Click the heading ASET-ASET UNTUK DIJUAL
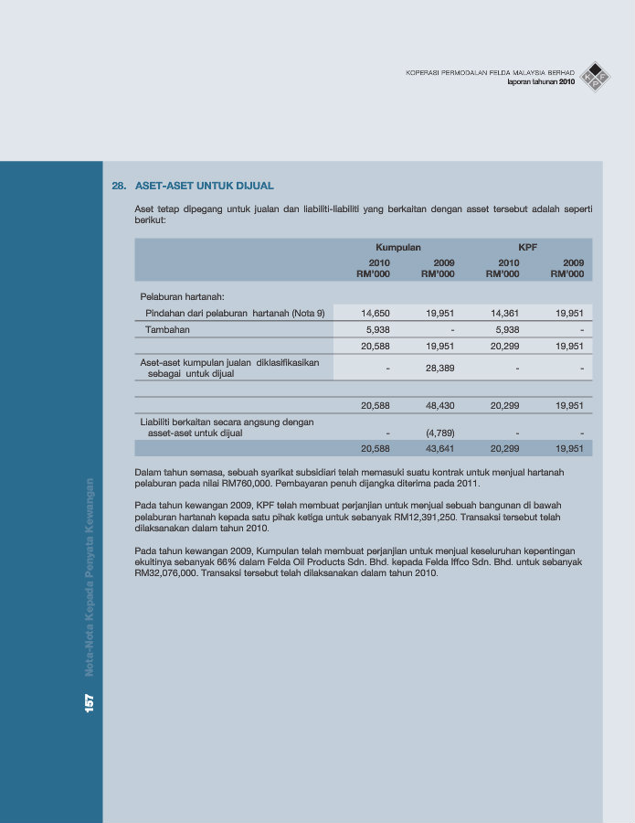(204, 186)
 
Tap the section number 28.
(118, 186)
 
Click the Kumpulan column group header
(397, 247)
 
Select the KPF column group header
(527, 247)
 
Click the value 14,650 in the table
(376, 313)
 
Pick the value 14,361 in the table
(504, 313)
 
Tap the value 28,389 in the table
(439, 368)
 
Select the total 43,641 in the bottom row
(439, 449)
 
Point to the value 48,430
(439, 405)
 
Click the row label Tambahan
(168, 329)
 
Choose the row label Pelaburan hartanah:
(182, 295)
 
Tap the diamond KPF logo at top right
(596, 75)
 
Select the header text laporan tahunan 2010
(541, 82)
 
